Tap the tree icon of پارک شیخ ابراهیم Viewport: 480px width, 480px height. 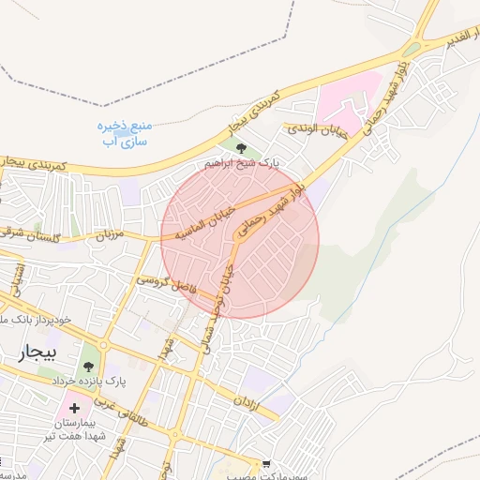point(242,147)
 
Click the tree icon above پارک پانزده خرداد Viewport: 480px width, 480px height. point(90,362)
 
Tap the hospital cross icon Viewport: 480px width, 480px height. point(74,408)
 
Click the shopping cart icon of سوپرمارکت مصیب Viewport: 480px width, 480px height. point(267,464)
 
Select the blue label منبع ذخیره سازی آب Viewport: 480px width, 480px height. point(126,130)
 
